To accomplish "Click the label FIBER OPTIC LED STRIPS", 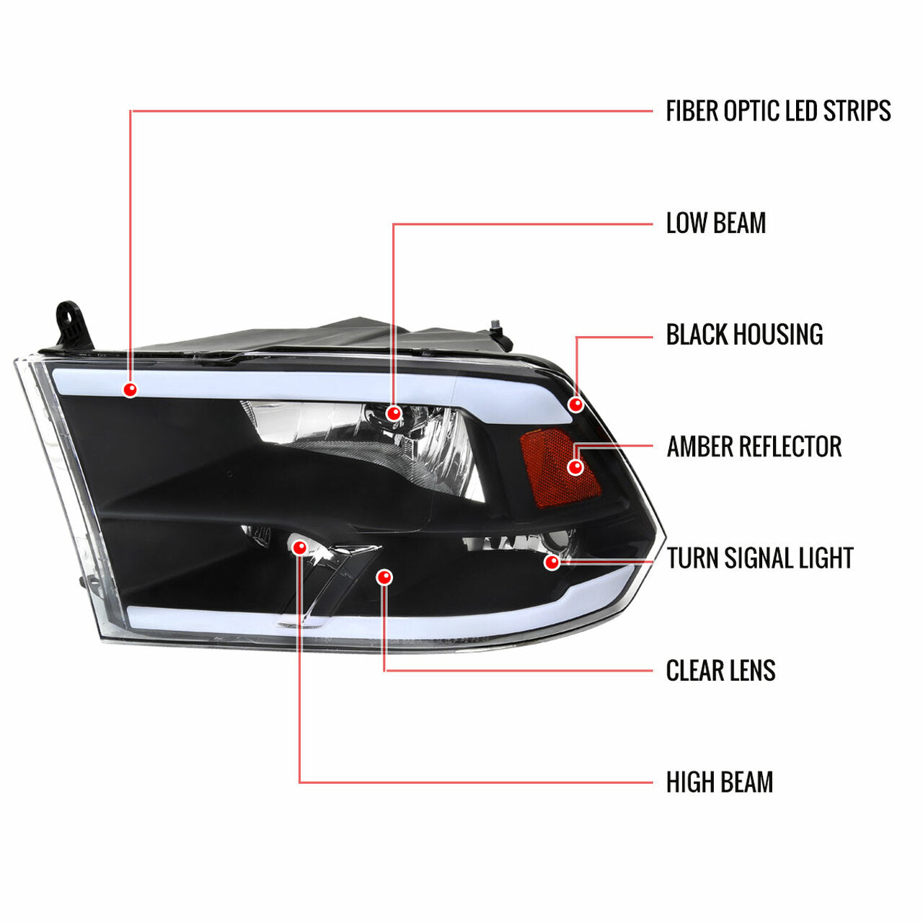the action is (x=777, y=110).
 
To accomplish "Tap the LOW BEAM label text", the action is (x=715, y=223).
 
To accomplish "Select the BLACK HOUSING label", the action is (x=744, y=335).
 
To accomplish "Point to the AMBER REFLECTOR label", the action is (x=754, y=446).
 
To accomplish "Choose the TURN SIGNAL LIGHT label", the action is (x=759, y=558).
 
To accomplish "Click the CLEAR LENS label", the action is (x=720, y=670).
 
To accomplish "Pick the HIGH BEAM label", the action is (x=719, y=782).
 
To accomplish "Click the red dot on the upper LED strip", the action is (x=130, y=389).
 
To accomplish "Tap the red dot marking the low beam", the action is (x=393, y=413).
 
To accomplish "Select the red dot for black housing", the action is (x=575, y=405).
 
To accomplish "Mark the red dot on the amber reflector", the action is (x=575, y=467).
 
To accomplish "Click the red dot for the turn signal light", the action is (x=552, y=562).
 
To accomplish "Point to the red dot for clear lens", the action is (x=384, y=577).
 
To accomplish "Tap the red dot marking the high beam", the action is (x=299, y=547).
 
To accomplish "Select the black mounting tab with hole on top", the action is (x=73, y=324).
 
